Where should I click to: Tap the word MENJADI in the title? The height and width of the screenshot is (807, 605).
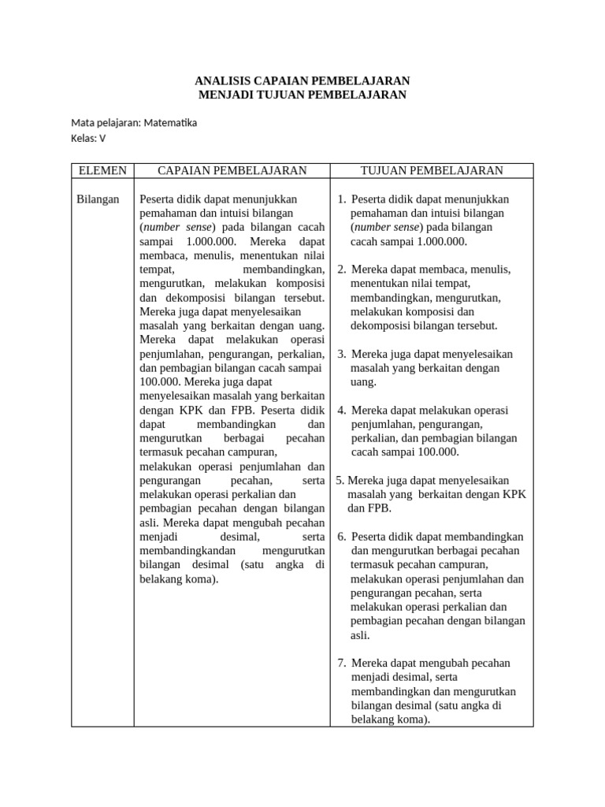229,95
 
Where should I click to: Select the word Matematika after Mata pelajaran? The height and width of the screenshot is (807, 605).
170,123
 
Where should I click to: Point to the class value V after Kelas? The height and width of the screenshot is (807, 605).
102,138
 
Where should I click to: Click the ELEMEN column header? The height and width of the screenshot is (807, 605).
102,171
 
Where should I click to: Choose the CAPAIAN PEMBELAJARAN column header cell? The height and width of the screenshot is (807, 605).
232,171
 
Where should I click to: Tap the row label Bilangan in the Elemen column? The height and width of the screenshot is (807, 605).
98,199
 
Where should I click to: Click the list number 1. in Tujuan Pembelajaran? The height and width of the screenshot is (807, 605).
342,199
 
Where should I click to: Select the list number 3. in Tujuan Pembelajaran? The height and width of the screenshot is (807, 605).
342,354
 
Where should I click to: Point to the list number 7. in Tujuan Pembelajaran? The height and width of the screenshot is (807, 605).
342,663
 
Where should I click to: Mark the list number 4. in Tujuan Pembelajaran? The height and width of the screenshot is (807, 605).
342,411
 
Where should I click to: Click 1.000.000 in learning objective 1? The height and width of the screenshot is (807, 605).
442,242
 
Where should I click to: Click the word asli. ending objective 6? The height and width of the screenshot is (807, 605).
360,635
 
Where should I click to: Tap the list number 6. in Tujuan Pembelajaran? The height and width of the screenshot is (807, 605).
342,537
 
